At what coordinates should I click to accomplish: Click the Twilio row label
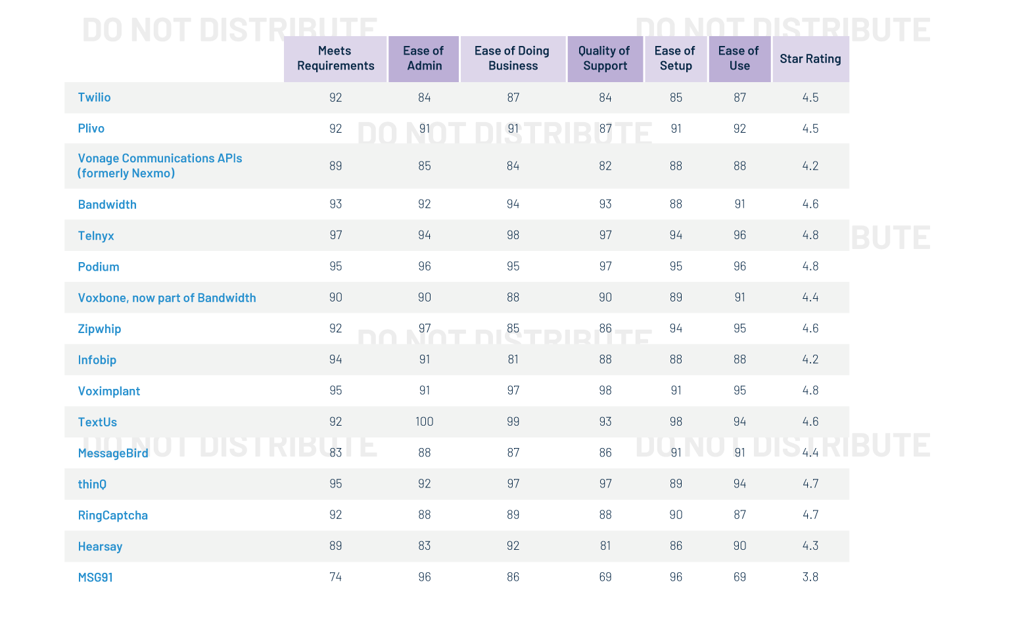[x=94, y=97]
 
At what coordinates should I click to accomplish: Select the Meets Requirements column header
[x=335, y=58]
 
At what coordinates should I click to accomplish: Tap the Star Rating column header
[x=810, y=58]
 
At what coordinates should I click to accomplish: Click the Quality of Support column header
[x=605, y=58]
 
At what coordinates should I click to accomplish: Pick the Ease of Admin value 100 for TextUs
[x=424, y=422]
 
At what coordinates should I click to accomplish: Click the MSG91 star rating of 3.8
[x=810, y=577]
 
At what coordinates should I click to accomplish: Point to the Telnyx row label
[x=96, y=236]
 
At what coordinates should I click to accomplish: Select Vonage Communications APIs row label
[x=160, y=166]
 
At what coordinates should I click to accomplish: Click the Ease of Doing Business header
[x=512, y=58]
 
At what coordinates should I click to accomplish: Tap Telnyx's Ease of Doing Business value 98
[x=513, y=235]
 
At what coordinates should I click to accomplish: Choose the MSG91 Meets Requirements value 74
[x=335, y=577]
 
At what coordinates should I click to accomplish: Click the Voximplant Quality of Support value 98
[x=605, y=390]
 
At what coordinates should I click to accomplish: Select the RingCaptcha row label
[x=112, y=515]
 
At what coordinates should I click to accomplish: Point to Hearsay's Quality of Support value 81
[x=605, y=546]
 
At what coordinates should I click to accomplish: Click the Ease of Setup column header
[x=675, y=58]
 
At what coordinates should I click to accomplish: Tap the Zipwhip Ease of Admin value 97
[x=424, y=328]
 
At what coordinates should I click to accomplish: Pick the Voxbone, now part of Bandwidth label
[x=167, y=298]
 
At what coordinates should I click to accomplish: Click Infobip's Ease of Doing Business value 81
[x=513, y=359]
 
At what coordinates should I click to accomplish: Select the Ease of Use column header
[x=739, y=58]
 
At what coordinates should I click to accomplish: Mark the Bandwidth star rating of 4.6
[x=810, y=204]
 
